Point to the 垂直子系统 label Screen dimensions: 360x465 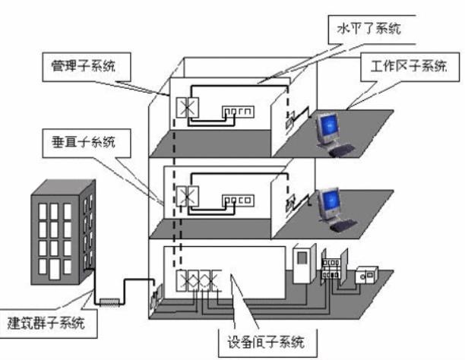[x=80, y=141]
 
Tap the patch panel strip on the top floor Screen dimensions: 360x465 [x=238, y=112]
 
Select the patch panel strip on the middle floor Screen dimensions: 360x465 [x=238, y=200]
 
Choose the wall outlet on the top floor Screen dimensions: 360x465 [x=289, y=118]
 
